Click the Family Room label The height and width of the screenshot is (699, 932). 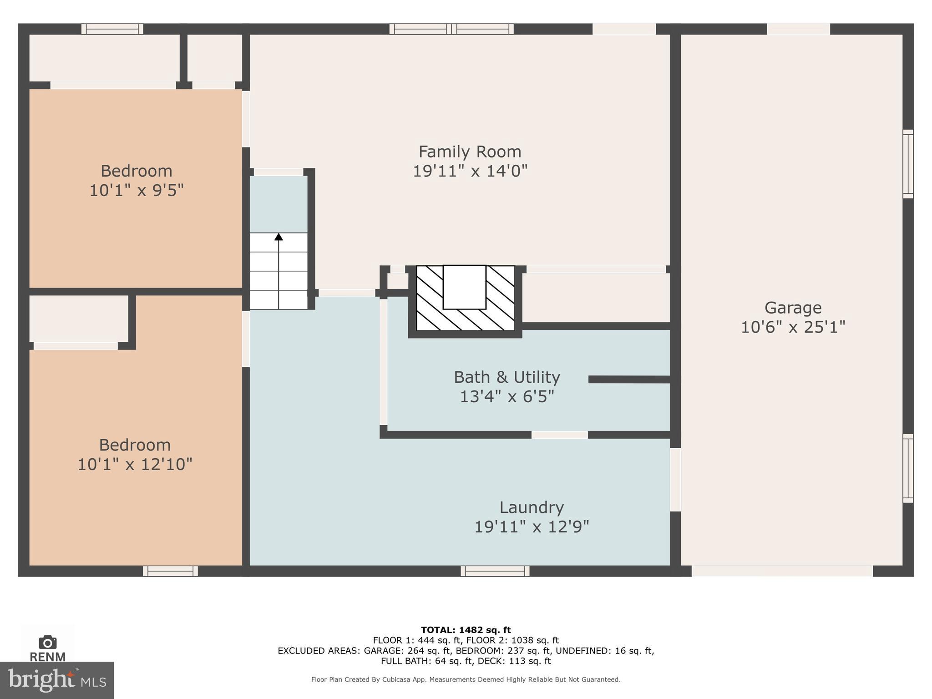click(x=470, y=152)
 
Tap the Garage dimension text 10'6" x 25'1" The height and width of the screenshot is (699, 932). click(x=793, y=327)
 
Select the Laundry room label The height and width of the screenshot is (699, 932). click(x=532, y=507)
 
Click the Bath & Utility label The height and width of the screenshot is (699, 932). click(x=507, y=377)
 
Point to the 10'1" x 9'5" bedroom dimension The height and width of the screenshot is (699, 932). click(x=136, y=190)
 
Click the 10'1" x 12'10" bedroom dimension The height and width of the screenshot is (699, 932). click(x=135, y=465)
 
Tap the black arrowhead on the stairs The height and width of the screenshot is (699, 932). click(x=279, y=237)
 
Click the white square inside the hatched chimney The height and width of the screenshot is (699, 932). click(x=464, y=287)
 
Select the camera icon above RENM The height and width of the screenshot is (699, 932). click(x=47, y=642)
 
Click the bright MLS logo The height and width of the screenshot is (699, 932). click(x=56, y=680)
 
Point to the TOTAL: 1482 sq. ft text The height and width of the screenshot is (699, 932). click(x=466, y=630)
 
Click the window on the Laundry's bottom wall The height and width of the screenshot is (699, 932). click(x=495, y=571)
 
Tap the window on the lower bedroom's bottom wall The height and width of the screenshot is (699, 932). click(x=170, y=571)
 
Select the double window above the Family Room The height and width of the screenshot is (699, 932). click(x=451, y=29)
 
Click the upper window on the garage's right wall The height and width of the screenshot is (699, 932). click(x=907, y=164)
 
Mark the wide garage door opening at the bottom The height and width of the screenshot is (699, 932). click(x=782, y=571)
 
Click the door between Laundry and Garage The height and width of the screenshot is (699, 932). click(x=675, y=480)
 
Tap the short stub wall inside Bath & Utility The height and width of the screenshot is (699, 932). click(x=629, y=380)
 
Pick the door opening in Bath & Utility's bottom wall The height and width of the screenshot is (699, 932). click(x=559, y=435)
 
